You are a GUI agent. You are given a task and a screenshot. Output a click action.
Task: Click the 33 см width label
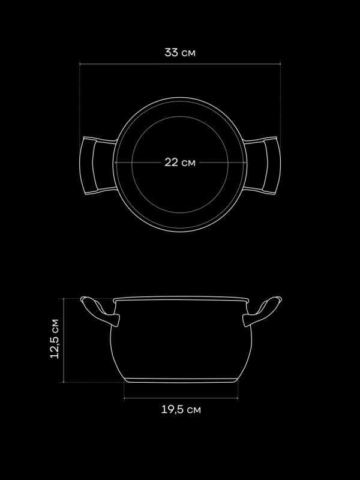179,52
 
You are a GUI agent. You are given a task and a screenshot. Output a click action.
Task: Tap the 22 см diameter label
179,162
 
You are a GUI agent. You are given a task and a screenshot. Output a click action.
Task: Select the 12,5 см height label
55,338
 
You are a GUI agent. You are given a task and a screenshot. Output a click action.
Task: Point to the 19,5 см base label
181,410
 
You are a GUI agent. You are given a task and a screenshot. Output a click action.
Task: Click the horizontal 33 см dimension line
180,64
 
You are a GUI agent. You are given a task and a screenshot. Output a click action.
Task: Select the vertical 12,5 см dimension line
64,340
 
